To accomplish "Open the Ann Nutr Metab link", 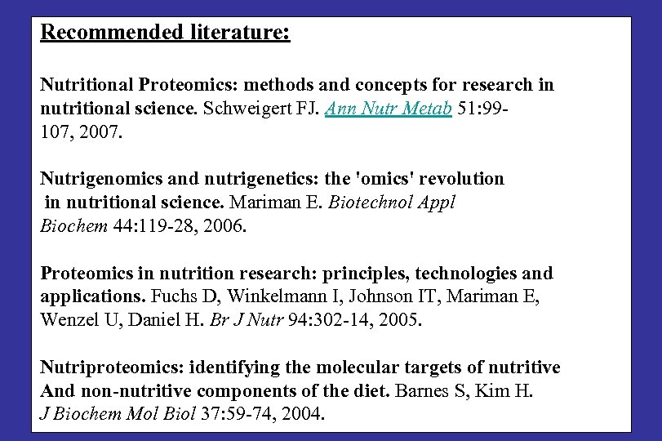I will pos(389,109).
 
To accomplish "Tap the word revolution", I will pos(463,178).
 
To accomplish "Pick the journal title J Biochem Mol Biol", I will pos(118,415).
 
